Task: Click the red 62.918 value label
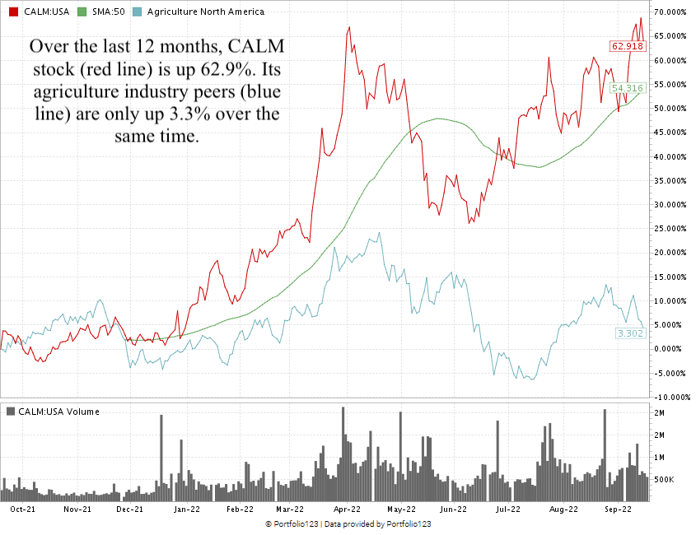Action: [626, 46]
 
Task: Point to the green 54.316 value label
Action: [626, 87]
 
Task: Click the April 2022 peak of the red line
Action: [349, 27]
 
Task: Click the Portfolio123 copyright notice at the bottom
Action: [348, 524]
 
